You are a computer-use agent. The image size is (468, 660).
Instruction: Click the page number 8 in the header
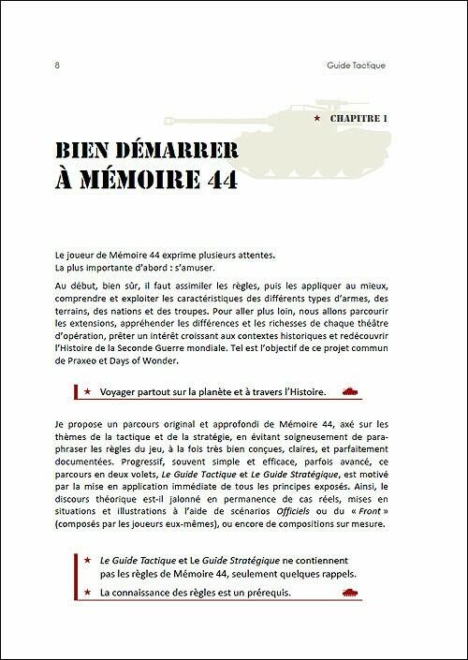click(58, 66)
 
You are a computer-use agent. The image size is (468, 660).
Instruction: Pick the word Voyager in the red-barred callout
click(121, 392)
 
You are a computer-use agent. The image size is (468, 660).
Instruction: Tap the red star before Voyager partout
click(87, 392)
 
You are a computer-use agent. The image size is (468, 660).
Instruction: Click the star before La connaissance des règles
click(87, 594)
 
